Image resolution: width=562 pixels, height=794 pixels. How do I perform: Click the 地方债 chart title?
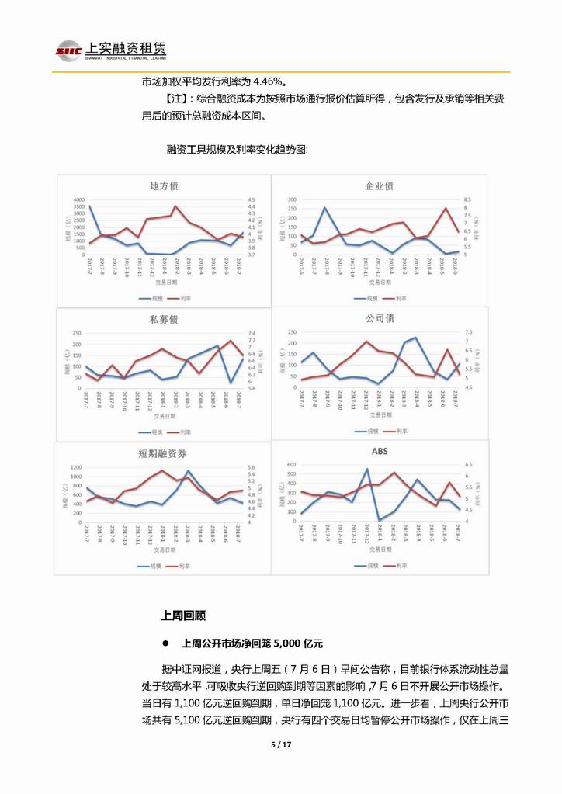pyautogui.click(x=164, y=186)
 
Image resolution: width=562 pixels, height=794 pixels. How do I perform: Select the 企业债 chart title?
pyautogui.click(x=379, y=186)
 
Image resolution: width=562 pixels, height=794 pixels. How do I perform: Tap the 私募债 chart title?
pyautogui.click(x=164, y=319)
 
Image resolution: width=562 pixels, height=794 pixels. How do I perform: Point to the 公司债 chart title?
pyautogui.click(x=380, y=318)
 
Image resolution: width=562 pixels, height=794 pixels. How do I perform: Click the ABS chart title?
pyautogui.click(x=380, y=451)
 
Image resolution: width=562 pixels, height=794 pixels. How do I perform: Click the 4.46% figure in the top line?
pyautogui.click(x=268, y=81)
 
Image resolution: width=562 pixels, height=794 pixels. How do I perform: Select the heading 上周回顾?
pyautogui.click(x=183, y=616)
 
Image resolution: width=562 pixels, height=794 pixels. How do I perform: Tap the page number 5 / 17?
pyautogui.click(x=280, y=744)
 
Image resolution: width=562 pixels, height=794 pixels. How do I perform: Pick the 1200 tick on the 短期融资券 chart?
pyautogui.click(x=77, y=467)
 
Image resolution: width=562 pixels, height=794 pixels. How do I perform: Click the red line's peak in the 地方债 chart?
pyautogui.click(x=175, y=206)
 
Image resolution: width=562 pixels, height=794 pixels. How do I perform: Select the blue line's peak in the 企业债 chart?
pyautogui.click(x=324, y=207)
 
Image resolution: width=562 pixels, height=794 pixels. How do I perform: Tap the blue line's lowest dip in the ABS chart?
pyautogui.click(x=379, y=519)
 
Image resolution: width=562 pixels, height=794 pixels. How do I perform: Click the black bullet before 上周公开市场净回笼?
pyautogui.click(x=166, y=643)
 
